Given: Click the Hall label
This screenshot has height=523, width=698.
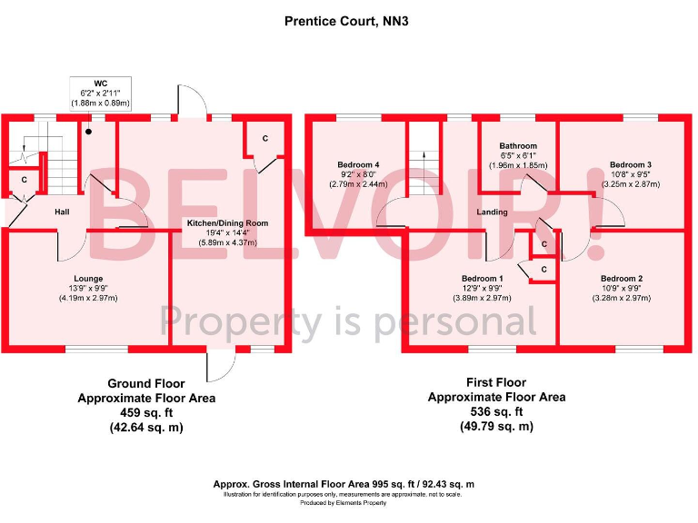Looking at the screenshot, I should pos(62,212).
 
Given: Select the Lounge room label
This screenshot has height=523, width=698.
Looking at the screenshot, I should pos(88,279).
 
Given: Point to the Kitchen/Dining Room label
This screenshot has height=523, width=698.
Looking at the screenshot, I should pos(227,223).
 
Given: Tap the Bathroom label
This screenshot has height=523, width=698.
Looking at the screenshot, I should pos(518,146).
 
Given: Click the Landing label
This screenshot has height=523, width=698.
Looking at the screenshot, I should pos(492,213).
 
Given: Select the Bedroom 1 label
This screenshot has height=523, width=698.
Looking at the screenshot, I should pos(483,278).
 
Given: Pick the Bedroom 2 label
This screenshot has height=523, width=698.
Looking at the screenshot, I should pos(622,279).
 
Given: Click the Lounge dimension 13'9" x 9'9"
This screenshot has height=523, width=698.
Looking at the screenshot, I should pos(88,289).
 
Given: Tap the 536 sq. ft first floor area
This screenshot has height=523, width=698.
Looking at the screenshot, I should pos(496,411).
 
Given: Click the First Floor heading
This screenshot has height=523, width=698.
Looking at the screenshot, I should pos(496,382).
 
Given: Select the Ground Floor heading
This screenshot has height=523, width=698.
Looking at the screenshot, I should pos(145,383).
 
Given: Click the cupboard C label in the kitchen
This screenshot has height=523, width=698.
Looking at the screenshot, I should pos(264,138).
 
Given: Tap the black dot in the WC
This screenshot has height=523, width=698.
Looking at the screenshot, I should pos(89,132).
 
